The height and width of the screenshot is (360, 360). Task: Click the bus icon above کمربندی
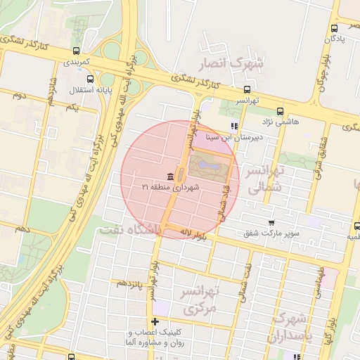[76, 51]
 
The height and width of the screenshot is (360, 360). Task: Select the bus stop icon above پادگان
[334, 28]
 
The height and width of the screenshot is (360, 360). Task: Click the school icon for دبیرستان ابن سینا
[234, 127]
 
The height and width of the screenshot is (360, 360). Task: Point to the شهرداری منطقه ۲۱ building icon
[171, 176]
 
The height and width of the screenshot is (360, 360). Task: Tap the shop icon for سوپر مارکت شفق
[271, 222]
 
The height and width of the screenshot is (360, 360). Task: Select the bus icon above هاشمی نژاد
[280, 110]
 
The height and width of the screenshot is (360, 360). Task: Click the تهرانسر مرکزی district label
[201, 300]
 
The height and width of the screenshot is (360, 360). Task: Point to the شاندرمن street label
[51, 91]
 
